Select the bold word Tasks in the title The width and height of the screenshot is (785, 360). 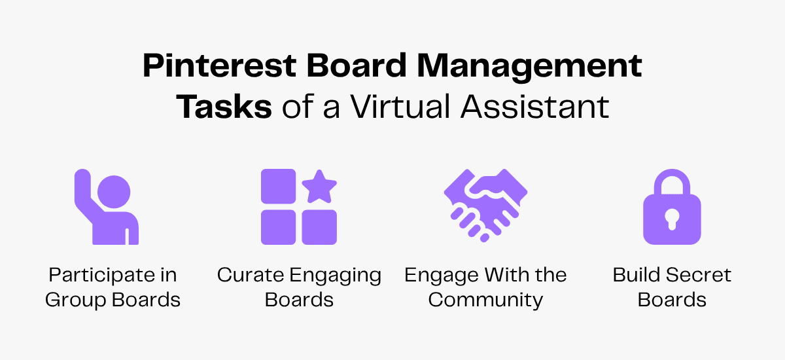tap(224, 107)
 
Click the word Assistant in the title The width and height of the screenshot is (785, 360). tap(534, 107)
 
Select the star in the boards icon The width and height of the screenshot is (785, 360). tap(319, 187)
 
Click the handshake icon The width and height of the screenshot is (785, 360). tap(485, 206)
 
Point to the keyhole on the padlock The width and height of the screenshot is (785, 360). tap(672, 219)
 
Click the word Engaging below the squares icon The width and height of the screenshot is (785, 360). tap(340, 276)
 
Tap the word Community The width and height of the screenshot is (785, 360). tap(485, 300)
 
